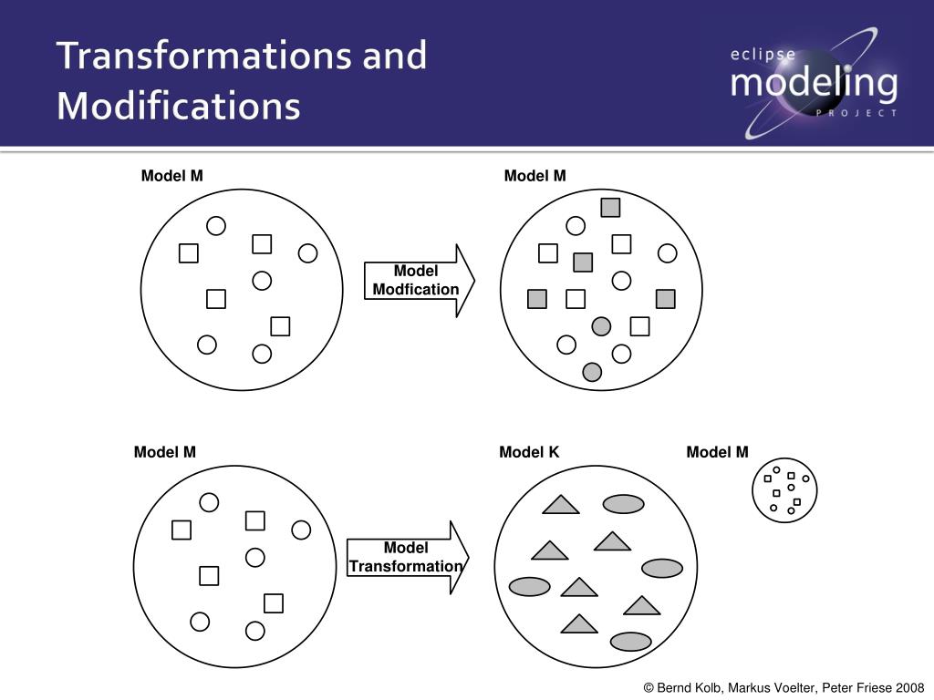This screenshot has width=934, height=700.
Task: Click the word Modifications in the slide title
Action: pyautogui.click(x=178, y=105)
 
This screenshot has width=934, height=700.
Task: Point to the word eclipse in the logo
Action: pyautogui.click(x=763, y=54)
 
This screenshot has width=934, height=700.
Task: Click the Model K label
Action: pyautogui.click(x=529, y=452)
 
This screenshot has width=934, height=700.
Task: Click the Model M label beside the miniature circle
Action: pyautogui.click(x=717, y=452)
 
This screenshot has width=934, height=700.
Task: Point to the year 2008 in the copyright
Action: pyautogui.click(x=910, y=687)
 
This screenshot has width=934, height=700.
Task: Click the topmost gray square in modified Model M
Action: pyautogui.click(x=610, y=208)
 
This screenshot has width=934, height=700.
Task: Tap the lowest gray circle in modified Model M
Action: pyautogui.click(x=592, y=371)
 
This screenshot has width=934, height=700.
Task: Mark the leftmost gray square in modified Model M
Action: pyautogui.click(x=537, y=299)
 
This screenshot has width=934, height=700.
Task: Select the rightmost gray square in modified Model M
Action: pyautogui.click(x=665, y=299)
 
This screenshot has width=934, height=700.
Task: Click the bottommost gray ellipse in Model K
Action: pyautogui.click(x=630, y=642)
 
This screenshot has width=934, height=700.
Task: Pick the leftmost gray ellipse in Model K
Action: pyautogui.click(x=529, y=586)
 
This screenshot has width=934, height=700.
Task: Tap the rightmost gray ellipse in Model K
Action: pyautogui.click(x=662, y=569)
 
